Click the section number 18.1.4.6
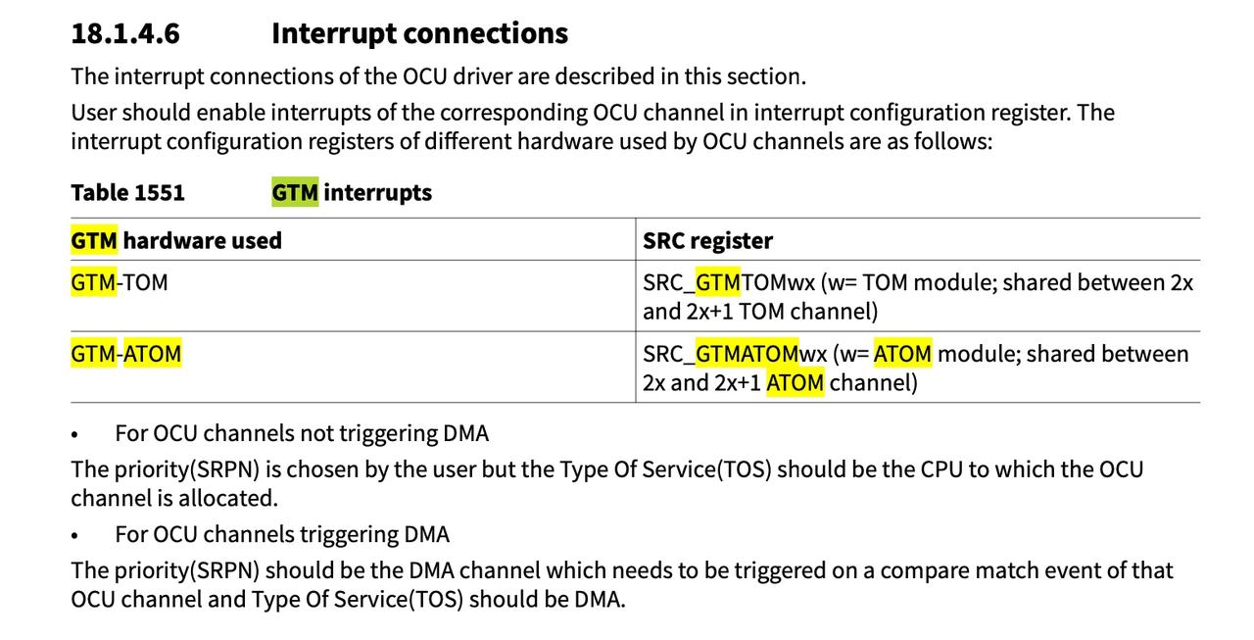click(x=124, y=33)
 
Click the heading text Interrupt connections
click(x=420, y=33)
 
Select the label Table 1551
click(x=127, y=193)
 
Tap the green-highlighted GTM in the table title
click(x=295, y=193)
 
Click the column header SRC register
click(x=707, y=241)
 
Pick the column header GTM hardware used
click(x=176, y=241)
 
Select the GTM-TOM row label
click(x=120, y=282)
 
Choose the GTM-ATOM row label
click(x=126, y=354)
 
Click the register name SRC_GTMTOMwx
click(x=729, y=283)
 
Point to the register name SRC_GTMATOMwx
click(x=735, y=354)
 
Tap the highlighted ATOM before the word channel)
click(x=795, y=383)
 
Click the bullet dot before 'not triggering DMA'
click(x=74, y=435)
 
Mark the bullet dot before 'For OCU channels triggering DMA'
click(x=74, y=536)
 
